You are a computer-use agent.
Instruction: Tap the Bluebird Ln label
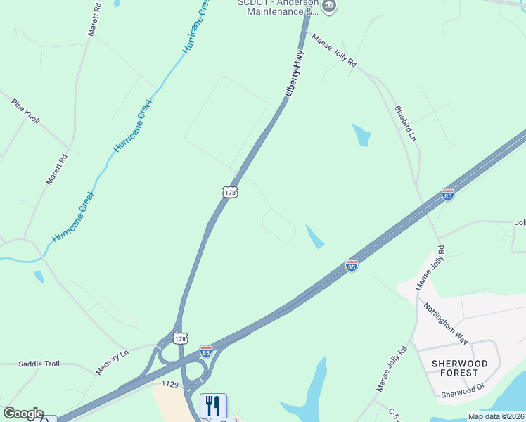406,123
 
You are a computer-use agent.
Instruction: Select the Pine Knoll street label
26,111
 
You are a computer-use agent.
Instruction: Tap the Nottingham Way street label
446,323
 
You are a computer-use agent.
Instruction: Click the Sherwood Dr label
463,391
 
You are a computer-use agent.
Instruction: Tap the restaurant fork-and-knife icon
214,406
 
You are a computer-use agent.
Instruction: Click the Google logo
23,414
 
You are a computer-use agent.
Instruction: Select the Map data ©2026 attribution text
495,416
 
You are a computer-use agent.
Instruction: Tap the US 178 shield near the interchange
180,338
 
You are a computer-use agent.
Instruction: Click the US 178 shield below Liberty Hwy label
230,191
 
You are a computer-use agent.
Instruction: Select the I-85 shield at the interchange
205,350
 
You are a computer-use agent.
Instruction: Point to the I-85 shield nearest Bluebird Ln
447,195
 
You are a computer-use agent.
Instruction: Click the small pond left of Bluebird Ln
361,134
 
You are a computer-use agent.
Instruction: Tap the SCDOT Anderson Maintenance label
278,7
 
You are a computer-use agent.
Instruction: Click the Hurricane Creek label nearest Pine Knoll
134,127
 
